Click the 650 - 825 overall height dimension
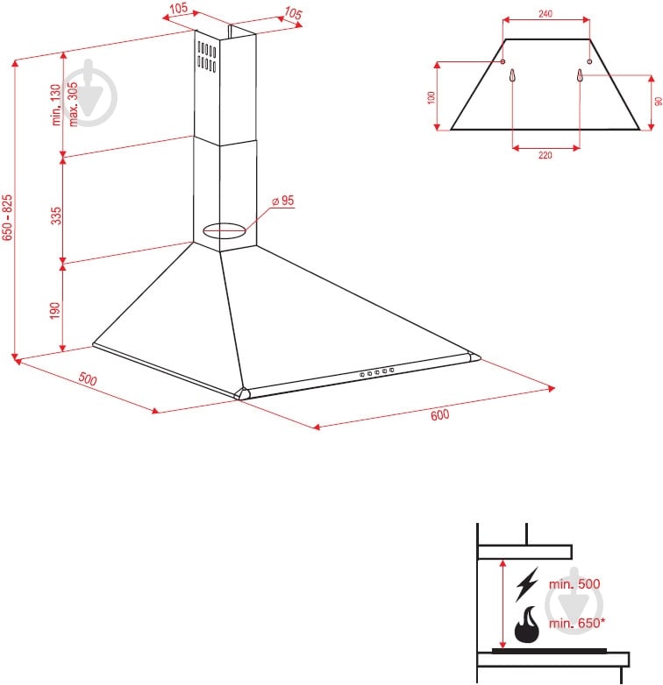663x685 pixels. point(7,217)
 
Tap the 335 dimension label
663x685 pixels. point(56,215)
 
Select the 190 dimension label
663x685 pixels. point(55,310)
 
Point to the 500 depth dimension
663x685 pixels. point(88,378)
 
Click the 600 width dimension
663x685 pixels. point(439,414)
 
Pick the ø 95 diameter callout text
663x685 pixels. point(283,201)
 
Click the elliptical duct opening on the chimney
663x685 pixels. point(225,230)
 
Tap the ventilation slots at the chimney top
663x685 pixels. point(206,56)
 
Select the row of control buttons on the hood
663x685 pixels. point(376,372)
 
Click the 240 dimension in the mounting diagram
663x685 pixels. point(545,13)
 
